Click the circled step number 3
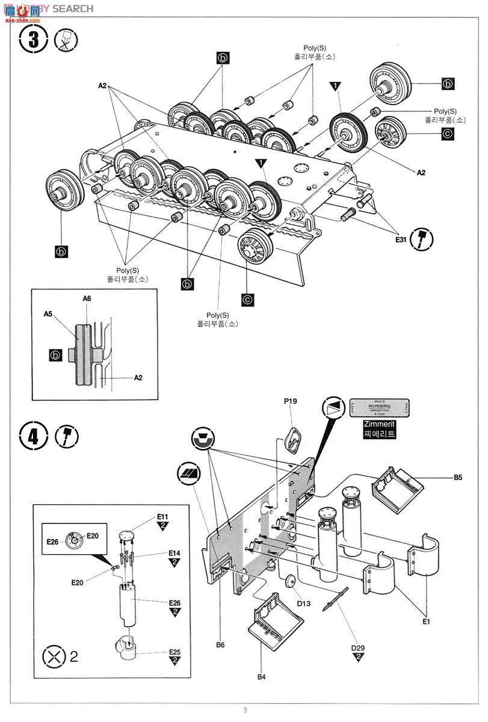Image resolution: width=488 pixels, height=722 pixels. click(x=36, y=41)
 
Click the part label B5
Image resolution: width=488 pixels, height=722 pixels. click(x=458, y=478)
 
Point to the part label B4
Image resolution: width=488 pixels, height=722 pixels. click(x=261, y=677)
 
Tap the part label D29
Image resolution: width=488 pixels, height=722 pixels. click(x=359, y=648)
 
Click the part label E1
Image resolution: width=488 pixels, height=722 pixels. click(x=426, y=622)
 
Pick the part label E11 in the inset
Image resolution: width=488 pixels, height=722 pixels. click(x=162, y=517)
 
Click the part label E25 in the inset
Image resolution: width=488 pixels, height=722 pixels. click(x=175, y=652)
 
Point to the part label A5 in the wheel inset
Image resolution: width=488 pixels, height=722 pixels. click(x=49, y=313)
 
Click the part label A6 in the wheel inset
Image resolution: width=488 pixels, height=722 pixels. click(x=87, y=298)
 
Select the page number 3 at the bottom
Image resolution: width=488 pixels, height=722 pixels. click(x=245, y=710)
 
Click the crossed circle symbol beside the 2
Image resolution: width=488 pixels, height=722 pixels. click(x=55, y=655)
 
